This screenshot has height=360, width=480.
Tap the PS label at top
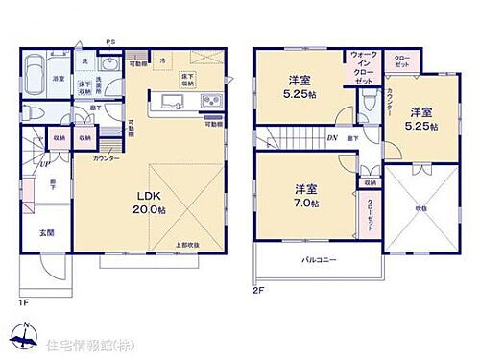pos(110,42)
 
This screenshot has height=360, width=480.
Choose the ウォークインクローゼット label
pos(364,69)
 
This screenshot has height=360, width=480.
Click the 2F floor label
pos(257,290)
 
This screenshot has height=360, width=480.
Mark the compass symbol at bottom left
pos(20,339)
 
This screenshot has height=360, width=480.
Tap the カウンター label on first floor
pos(107,157)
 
